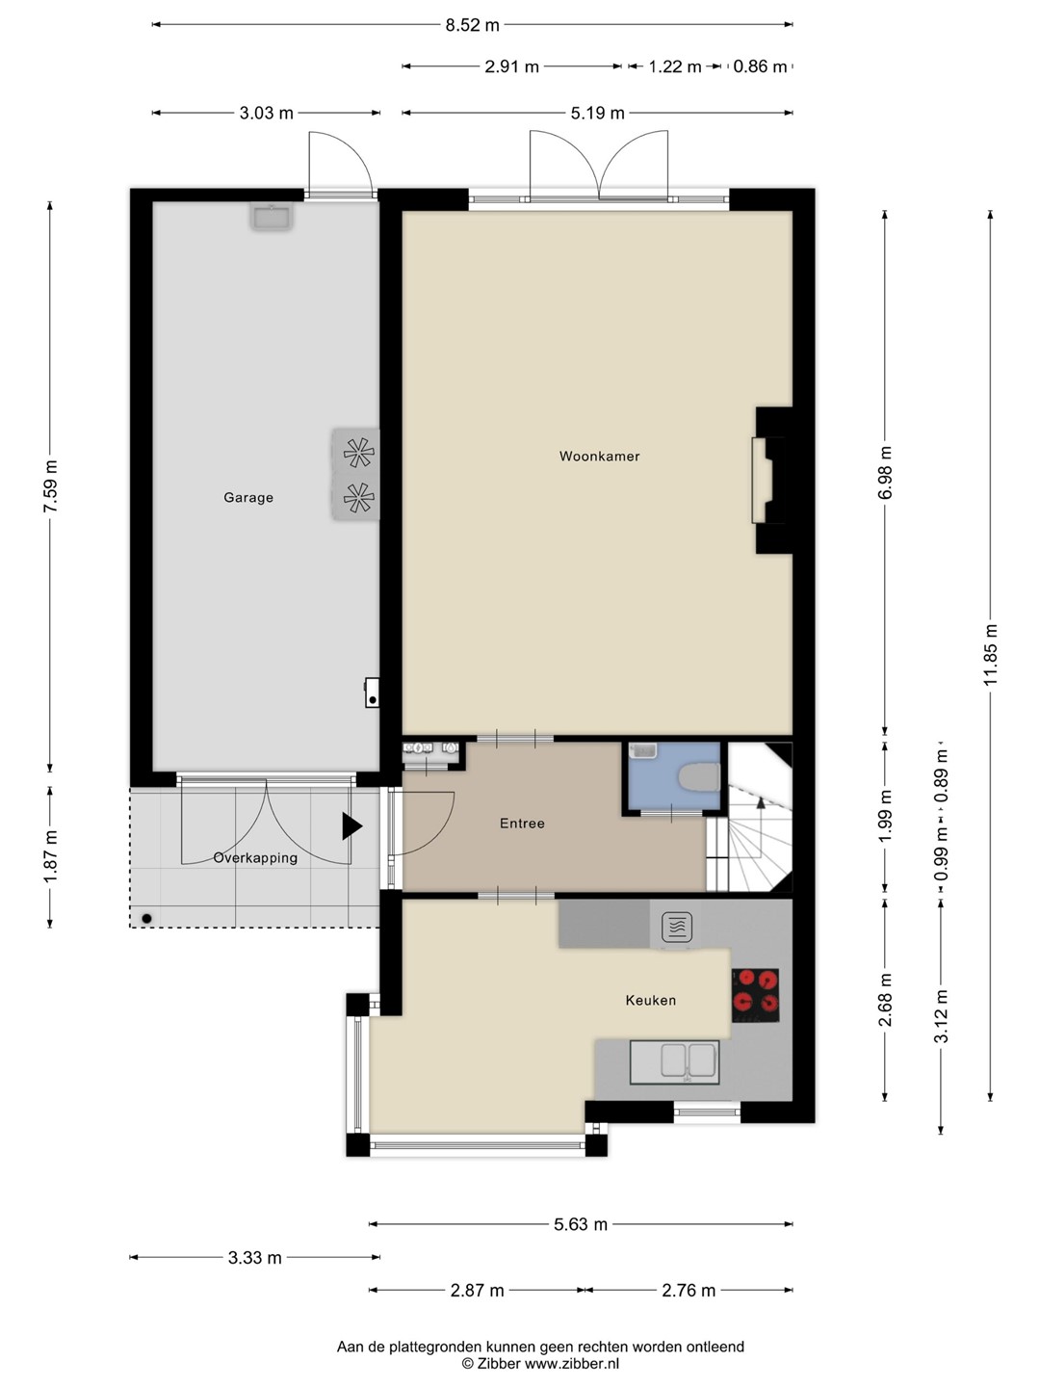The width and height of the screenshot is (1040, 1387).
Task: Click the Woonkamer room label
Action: tap(599, 457)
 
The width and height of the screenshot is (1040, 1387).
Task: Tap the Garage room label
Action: tap(248, 497)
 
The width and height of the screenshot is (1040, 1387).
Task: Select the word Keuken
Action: tap(650, 1001)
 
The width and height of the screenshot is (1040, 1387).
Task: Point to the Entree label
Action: tap(522, 824)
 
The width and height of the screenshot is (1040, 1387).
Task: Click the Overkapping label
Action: tap(255, 858)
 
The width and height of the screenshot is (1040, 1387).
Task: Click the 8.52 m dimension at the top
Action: tap(472, 25)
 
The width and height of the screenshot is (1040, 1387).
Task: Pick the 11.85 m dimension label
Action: tap(990, 654)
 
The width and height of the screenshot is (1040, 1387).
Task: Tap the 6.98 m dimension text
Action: tap(885, 473)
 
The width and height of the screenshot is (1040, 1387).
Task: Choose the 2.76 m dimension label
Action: tap(689, 1291)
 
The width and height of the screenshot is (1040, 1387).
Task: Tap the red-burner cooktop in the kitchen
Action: tap(755, 995)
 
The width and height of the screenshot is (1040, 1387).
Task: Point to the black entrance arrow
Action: tap(351, 826)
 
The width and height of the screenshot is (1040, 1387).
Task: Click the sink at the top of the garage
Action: tap(271, 217)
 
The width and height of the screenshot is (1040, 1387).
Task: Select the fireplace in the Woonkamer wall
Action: tap(762, 481)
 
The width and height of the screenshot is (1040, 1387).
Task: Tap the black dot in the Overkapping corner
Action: tap(146, 919)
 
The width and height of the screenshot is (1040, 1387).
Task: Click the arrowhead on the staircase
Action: tap(761, 803)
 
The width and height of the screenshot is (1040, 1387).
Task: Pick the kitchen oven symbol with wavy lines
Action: tap(678, 928)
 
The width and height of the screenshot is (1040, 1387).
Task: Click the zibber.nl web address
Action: tap(571, 1364)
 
